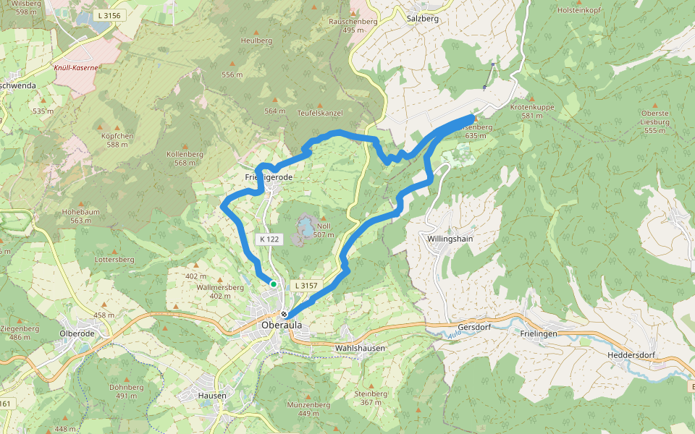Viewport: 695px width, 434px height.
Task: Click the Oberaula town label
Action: coord(281,325)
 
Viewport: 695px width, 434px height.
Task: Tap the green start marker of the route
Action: coord(274,284)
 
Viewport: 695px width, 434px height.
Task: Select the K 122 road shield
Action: coord(268,239)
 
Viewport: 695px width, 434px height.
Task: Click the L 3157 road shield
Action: coord(306,286)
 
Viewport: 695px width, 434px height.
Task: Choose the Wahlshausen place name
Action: coord(360,348)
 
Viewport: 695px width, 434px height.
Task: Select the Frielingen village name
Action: coord(539,333)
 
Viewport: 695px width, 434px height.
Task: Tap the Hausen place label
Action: coord(212,396)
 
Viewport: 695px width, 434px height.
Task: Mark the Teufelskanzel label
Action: coord(320,113)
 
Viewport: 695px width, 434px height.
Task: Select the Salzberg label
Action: coord(424,19)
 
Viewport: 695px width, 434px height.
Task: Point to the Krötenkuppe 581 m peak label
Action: coord(532,111)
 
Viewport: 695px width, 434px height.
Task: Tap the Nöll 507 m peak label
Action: coord(324,231)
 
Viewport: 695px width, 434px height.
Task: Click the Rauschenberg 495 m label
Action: coord(354,26)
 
